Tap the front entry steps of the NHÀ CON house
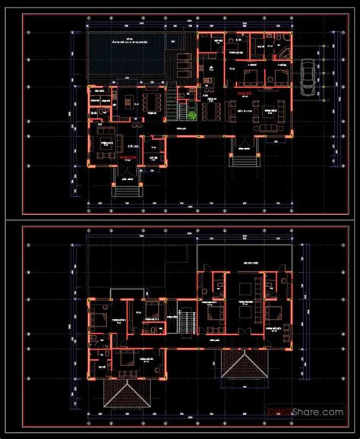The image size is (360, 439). (124, 185)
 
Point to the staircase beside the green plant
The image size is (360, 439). (180, 113)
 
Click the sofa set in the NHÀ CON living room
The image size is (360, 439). (104, 142)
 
